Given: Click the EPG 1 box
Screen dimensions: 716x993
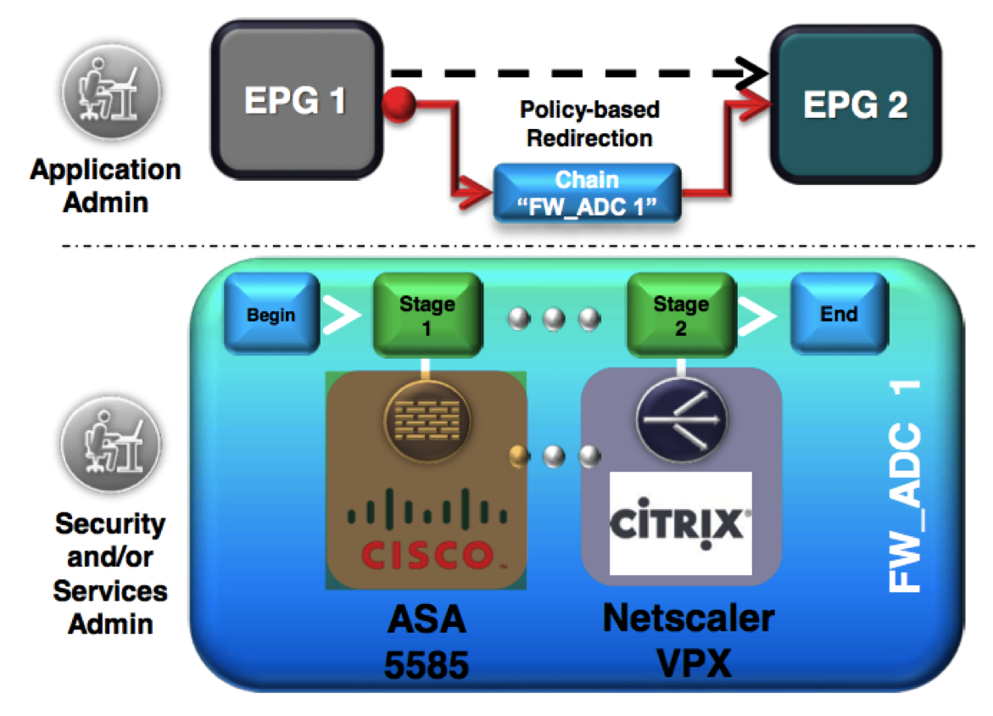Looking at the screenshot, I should click(x=295, y=101).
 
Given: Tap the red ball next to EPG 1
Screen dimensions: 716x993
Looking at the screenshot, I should click(x=399, y=105).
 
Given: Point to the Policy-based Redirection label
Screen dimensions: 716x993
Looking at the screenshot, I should click(x=589, y=124).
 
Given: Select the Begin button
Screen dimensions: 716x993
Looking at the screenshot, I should click(x=271, y=315).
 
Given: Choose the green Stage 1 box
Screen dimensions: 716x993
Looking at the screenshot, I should click(x=427, y=316).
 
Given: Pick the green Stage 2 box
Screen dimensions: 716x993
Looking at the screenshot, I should click(x=680, y=316).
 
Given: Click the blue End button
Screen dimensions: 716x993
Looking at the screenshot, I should click(x=838, y=315).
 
